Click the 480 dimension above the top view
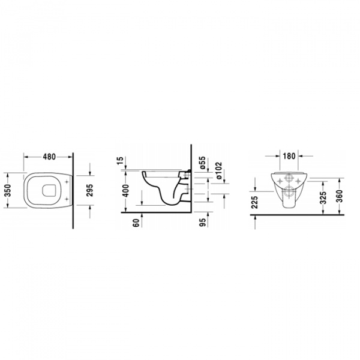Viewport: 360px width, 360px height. (x=49, y=157)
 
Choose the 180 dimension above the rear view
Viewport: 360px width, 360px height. (x=289, y=156)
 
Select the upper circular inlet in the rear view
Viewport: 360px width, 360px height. (x=289, y=179)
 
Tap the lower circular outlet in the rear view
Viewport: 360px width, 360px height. (x=289, y=193)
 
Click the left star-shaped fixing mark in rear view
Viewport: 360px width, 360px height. (x=280, y=179)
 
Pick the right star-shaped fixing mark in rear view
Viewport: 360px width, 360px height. (x=298, y=179)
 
